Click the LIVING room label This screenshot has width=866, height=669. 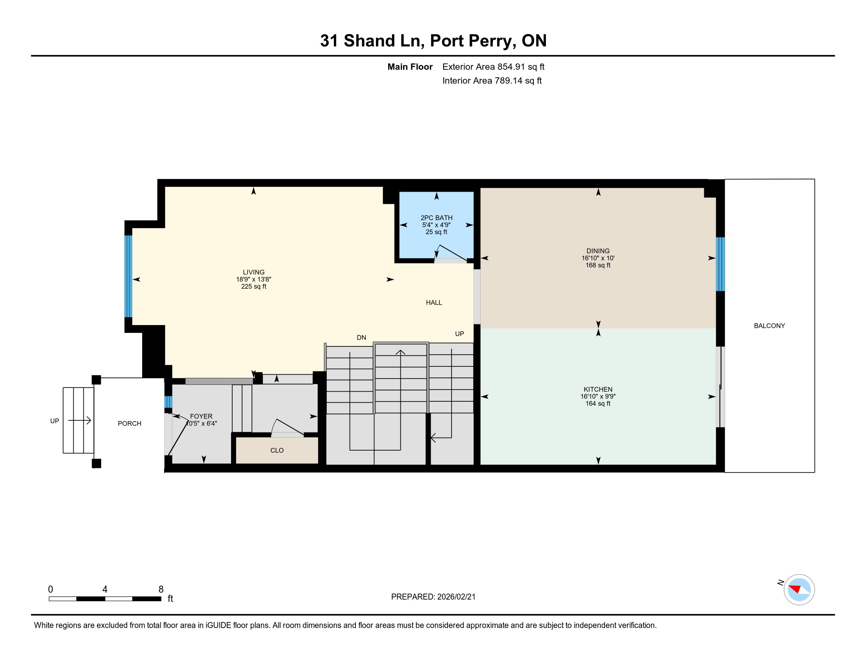[x=254, y=272]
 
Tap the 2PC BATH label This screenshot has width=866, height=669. [x=436, y=218]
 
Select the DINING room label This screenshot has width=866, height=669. [x=598, y=251]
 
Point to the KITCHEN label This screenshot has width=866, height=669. [x=598, y=390]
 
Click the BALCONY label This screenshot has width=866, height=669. [x=769, y=326]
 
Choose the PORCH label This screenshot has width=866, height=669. [x=130, y=424]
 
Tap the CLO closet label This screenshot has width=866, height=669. [x=277, y=451]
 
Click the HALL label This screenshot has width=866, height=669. [x=434, y=303]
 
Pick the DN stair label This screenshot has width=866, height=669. [x=361, y=338]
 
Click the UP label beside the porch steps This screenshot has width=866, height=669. [x=55, y=421]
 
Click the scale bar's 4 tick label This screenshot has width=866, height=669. [x=105, y=590]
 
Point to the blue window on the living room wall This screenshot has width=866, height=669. [x=128, y=276]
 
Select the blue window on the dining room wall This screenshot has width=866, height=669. [x=720, y=264]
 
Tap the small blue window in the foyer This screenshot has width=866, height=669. [x=168, y=402]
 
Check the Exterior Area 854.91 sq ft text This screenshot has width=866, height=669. [x=493, y=67]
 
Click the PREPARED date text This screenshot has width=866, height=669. [x=433, y=597]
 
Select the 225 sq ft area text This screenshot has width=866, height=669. [x=254, y=286]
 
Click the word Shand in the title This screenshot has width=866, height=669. [x=369, y=41]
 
